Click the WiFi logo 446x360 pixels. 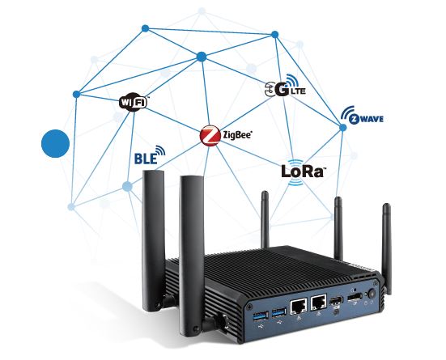pos(134,102)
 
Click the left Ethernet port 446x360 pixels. pos(299,306)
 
